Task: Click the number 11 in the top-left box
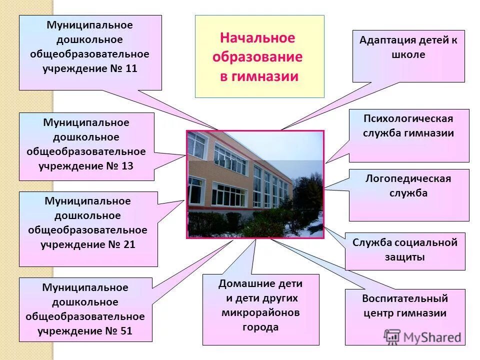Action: click(x=131, y=68)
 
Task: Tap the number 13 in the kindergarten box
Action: click(x=127, y=165)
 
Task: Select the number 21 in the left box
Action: click(x=128, y=244)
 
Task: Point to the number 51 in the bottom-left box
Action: click(x=126, y=330)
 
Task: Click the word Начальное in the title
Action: click(x=257, y=38)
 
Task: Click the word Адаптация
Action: click(x=382, y=40)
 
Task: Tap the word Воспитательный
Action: click(x=405, y=298)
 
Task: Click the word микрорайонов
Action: click(x=260, y=312)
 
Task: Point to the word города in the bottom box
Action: click(x=260, y=327)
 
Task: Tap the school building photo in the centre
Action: click(x=255, y=184)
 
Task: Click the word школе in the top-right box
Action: click(x=408, y=54)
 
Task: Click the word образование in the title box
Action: click(x=257, y=57)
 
